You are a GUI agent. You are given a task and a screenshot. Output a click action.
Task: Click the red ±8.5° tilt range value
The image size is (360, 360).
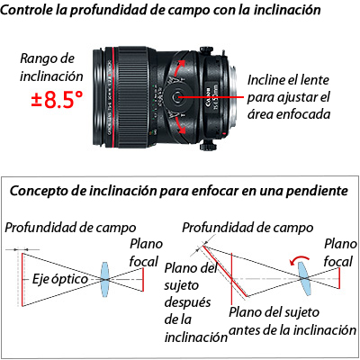(57, 100)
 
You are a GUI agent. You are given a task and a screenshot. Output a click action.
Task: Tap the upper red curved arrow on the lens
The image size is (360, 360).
(178, 67)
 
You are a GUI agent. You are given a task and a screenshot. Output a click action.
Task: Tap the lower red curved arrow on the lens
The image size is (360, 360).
(179, 125)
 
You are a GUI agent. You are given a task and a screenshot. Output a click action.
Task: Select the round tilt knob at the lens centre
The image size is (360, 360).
(176, 96)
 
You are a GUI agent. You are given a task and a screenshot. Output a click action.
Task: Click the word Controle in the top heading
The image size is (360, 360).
(26, 10)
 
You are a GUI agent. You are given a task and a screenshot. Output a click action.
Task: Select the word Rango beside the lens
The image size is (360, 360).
(39, 58)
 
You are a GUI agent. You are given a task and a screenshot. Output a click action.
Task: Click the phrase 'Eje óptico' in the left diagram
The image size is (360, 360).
(59, 279)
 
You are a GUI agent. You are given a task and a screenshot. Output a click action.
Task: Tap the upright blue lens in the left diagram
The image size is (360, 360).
(104, 279)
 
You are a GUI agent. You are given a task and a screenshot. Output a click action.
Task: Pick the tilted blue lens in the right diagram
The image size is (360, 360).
(305, 279)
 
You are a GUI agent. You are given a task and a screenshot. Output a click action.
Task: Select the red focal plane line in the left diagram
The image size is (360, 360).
(143, 279)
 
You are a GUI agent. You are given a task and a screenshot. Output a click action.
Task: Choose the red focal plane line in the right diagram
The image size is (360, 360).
(339, 278)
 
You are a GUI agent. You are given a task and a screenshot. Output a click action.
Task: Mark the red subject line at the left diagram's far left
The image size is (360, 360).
(22, 279)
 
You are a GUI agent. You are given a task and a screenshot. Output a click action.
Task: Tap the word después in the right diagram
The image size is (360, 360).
(187, 302)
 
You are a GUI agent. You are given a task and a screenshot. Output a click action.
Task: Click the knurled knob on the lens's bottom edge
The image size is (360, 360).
(208, 146)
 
